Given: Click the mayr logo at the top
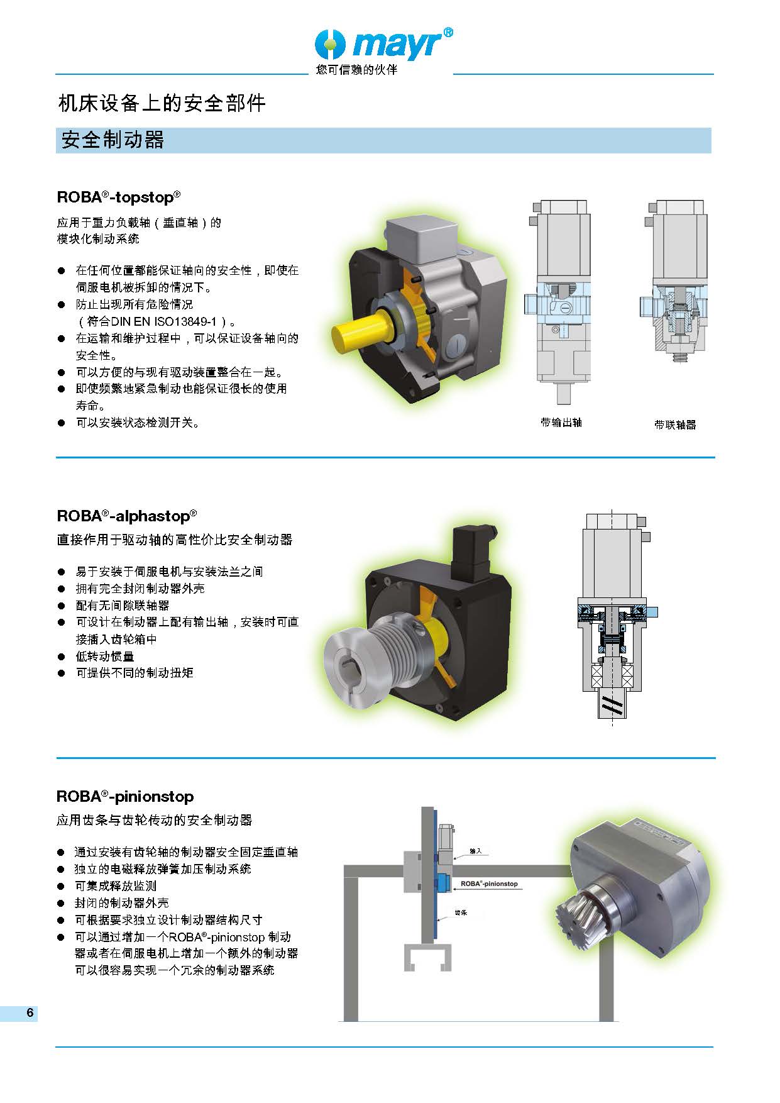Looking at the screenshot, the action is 383,44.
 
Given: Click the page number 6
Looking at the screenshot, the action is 30,1013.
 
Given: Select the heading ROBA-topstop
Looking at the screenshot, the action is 119,197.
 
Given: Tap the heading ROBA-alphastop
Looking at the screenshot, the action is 127,516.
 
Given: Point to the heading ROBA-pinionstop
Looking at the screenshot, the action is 125,796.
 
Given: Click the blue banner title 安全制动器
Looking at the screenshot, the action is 113,140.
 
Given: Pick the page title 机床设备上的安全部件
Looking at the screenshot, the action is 162,103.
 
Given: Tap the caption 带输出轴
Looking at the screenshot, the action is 561,423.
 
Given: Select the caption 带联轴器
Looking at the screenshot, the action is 675,425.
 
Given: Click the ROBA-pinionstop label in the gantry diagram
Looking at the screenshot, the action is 489,884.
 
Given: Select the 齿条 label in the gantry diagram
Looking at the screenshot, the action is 461,912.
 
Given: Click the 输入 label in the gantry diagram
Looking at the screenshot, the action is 476,851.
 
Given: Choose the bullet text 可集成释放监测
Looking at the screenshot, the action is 116,885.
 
